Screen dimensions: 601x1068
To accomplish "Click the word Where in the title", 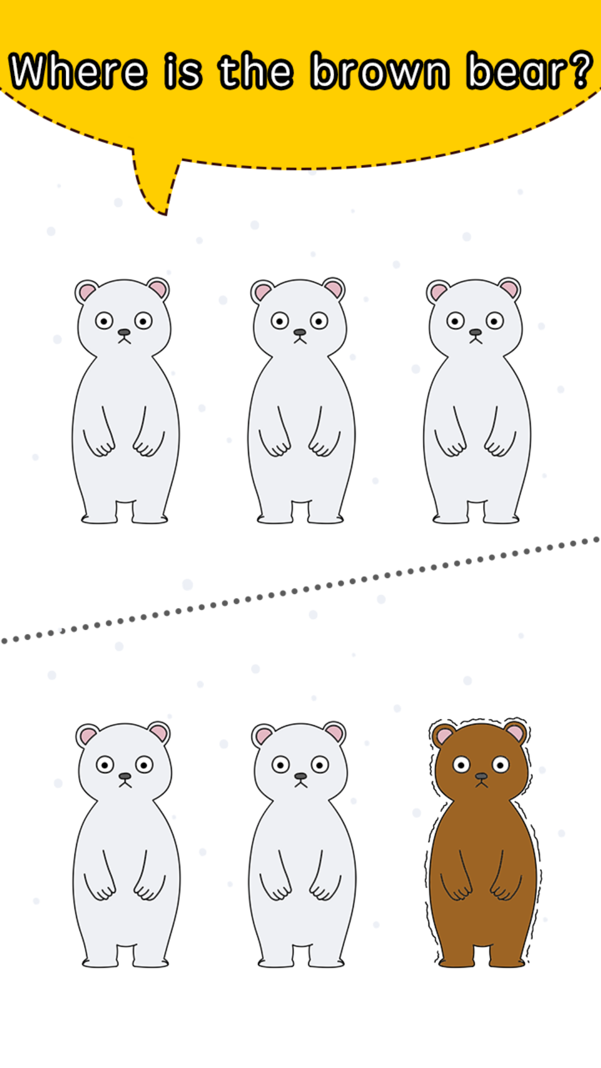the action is click(x=78, y=71).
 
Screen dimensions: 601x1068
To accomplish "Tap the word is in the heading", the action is click(x=183, y=71).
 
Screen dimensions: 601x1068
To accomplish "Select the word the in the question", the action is click(x=256, y=71).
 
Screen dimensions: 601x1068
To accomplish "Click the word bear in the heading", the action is click(x=519, y=71).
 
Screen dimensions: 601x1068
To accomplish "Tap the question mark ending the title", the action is click(x=582, y=70).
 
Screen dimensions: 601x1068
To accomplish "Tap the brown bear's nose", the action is click(x=481, y=776).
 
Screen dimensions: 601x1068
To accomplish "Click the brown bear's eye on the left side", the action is click(x=461, y=765).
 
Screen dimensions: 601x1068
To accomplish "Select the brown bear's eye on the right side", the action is click(x=501, y=765).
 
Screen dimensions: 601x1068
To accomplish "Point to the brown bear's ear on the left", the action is click(x=444, y=735).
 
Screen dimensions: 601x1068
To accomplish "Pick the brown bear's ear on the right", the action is click(x=515, y=732).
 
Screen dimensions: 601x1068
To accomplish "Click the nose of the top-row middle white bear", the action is click(x=300, y=332).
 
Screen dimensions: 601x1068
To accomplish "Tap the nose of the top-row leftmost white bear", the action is click(x=124, y=332).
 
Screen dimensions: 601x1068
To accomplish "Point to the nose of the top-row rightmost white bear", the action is click(x=475, y=332).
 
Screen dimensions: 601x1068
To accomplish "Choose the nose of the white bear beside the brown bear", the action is click(x=300, y=776).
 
